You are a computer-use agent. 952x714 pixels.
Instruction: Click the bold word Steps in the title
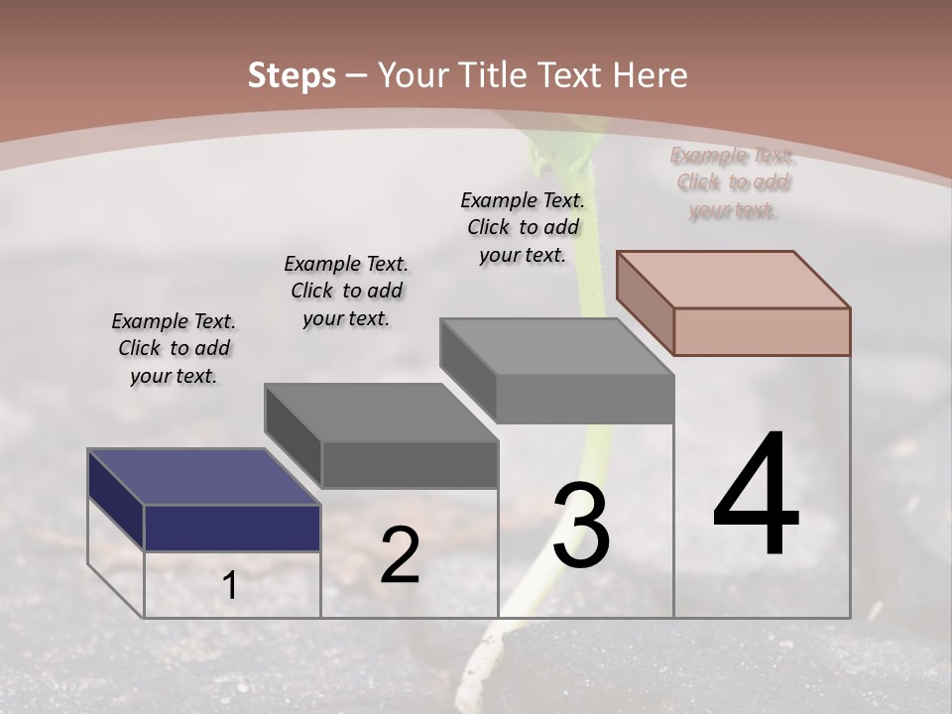click(292, 75)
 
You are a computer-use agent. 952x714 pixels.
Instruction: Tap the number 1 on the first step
click(230, 586)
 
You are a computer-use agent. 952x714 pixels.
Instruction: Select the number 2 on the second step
click(400, 556)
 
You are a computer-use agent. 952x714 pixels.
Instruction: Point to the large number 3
click(581, 527)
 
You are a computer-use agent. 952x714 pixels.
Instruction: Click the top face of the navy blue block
click(203, 477)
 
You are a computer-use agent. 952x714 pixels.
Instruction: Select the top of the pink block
click(734, 279)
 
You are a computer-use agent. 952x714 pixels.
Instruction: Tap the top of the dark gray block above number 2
click(381, 412)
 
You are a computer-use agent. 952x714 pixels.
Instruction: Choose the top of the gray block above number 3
click(556, 346)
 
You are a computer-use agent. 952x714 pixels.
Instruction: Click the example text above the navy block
click(174, 348)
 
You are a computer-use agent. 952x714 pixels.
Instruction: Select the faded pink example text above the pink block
click(733, 182)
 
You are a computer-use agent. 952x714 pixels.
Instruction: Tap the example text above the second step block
click(346, 291)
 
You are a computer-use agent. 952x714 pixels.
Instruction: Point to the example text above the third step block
click(523, 227)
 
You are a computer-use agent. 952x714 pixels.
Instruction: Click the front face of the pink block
click(762, 331)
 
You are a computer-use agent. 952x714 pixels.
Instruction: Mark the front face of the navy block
click(232, 528)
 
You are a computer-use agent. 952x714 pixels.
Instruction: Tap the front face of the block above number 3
click(584, 399)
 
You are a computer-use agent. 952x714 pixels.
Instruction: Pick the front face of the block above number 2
click(409, 464)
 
